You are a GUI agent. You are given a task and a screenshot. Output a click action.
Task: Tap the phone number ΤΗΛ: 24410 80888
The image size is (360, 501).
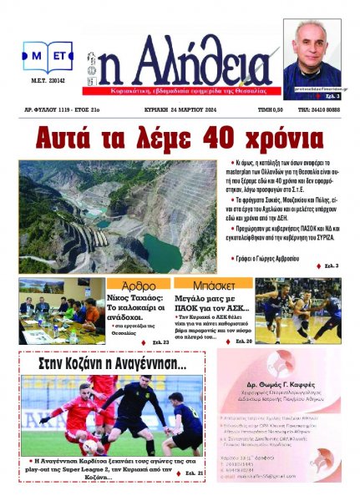[x=318, y=109]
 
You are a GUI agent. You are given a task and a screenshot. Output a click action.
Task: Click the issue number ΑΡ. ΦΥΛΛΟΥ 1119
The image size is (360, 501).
[x=56, y=109]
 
